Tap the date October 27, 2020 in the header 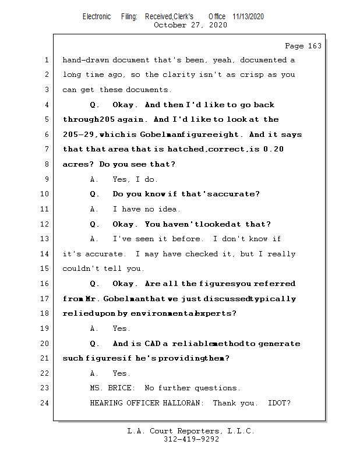(190, 25)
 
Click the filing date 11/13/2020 (248, 17)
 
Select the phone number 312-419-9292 (191, 439)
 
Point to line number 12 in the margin (45, 224)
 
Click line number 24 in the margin (45, 403)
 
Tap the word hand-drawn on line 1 (85, 60)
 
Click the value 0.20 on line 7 (274, 150)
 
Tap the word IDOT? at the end (279, 403)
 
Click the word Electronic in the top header (97, 17)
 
